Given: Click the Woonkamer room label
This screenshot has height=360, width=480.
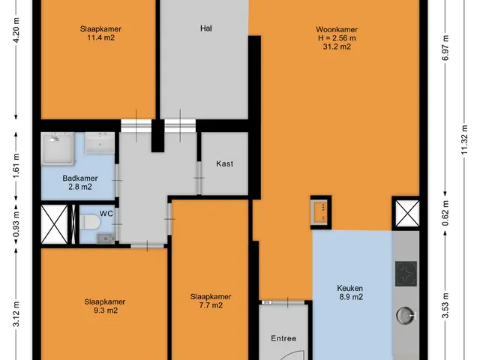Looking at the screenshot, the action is pyautogui.click(x=337, y=29).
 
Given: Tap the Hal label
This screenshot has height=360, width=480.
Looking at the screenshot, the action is pyautogui.click(x=206, y=28).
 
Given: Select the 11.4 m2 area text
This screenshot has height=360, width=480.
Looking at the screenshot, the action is pyautogui.click(x=100, y=37).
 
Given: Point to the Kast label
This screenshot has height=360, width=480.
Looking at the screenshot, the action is pyautogui.click(x=225, y=163).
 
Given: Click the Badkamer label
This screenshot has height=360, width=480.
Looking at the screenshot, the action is pyautogui.click(x=80, y=178).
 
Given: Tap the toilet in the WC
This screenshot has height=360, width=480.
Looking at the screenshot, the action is pyautogui.click(x=90, y=222).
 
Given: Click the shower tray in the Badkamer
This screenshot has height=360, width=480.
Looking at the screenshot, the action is pyautogui.click(x=58, y=148).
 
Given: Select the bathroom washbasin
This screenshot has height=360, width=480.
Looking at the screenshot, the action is pyautogui.click(x=100, y=142).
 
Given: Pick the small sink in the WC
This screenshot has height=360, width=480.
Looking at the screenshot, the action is pyautogui.click(x=106, y=238).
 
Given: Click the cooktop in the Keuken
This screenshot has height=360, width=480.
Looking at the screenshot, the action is pyautogui.click(x=406, y=274).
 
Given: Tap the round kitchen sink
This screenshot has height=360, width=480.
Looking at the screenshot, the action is pyautogui.click(x=406, y=315).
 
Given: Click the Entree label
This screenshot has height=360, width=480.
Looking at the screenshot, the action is pyautogui.click(x=283, y=338).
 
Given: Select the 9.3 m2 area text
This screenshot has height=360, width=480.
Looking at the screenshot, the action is pyautogui.click(x=106, y=310).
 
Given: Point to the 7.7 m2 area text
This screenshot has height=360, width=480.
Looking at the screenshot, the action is pyautogui.click(x=211, y=305).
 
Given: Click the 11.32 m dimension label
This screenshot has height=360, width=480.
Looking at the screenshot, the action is pyautogui.click(x=465, y=139).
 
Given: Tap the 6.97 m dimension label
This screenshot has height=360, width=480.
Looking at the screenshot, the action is pyautogui.click(x=445, y=47).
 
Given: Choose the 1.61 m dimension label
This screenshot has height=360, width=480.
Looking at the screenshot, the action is pyautogui.click(x=16, y=166).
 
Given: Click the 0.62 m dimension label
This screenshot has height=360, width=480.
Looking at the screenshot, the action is pyautogui.click(x=445, y=213).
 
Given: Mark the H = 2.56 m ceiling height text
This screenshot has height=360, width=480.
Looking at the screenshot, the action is pyautogui.click(x=337, y=38).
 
